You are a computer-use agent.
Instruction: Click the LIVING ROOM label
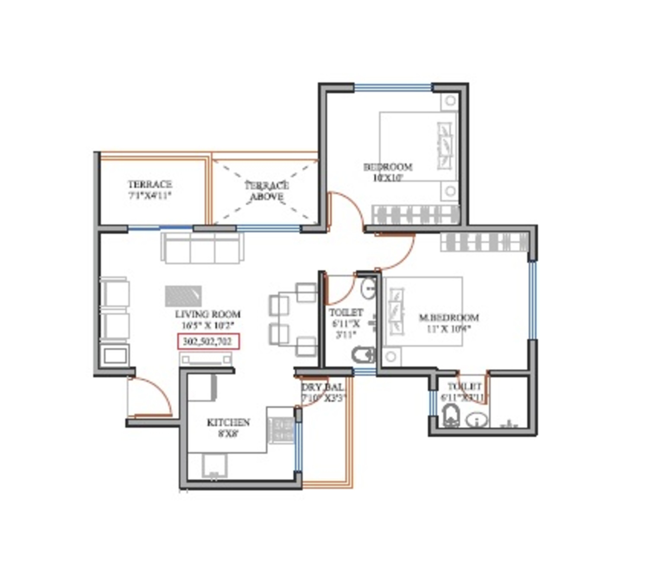pyautogui.click(x=207, y=314)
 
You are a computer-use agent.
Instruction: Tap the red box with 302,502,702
pyautogui.click(x=208, y=342)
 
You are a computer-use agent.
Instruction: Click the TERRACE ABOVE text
pyautogui.click(x=267, y=191)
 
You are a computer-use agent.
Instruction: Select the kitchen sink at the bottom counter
pyautogui.click(x=214, y=466)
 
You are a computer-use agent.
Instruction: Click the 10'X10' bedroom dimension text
pyautogui.click(x=387, y=178)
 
